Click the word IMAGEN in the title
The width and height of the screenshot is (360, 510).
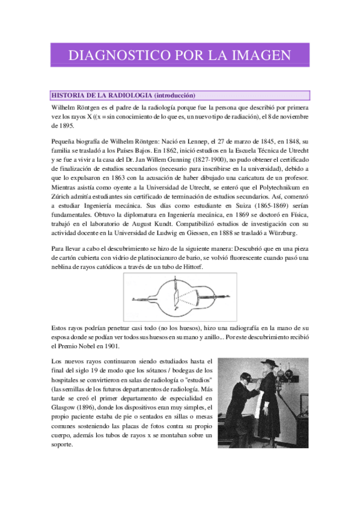258,56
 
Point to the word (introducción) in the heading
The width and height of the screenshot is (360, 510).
175,95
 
